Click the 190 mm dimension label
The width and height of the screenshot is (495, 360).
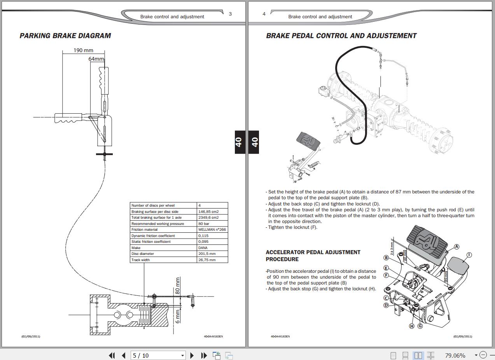coord(83,51)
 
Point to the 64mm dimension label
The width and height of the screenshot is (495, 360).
coord(96,59)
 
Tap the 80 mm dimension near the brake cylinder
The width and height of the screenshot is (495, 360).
coord(177,286)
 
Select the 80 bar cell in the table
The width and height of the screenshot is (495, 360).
coord(203,223)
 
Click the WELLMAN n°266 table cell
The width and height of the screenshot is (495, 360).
coord(212,230)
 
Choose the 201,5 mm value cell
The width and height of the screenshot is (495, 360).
coord(207,254)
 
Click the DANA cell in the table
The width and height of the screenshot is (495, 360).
coord(203,248)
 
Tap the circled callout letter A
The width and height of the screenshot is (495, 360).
coord(457,247)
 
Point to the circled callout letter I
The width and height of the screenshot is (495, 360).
coord(469,255)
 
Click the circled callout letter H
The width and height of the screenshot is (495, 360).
coord(411,326)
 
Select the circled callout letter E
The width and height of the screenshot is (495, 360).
coord(386,268)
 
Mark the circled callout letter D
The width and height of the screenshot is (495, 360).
coord(386,306)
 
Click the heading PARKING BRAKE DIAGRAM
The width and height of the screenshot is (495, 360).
coord(65,35)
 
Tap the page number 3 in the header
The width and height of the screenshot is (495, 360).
coord(230,14)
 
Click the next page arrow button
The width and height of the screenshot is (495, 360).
coord(192,356)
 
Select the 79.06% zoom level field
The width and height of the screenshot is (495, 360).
coord(455,356)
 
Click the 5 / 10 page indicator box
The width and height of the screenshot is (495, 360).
coord(158,356)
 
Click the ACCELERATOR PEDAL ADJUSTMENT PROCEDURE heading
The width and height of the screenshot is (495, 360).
coord(313,256)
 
